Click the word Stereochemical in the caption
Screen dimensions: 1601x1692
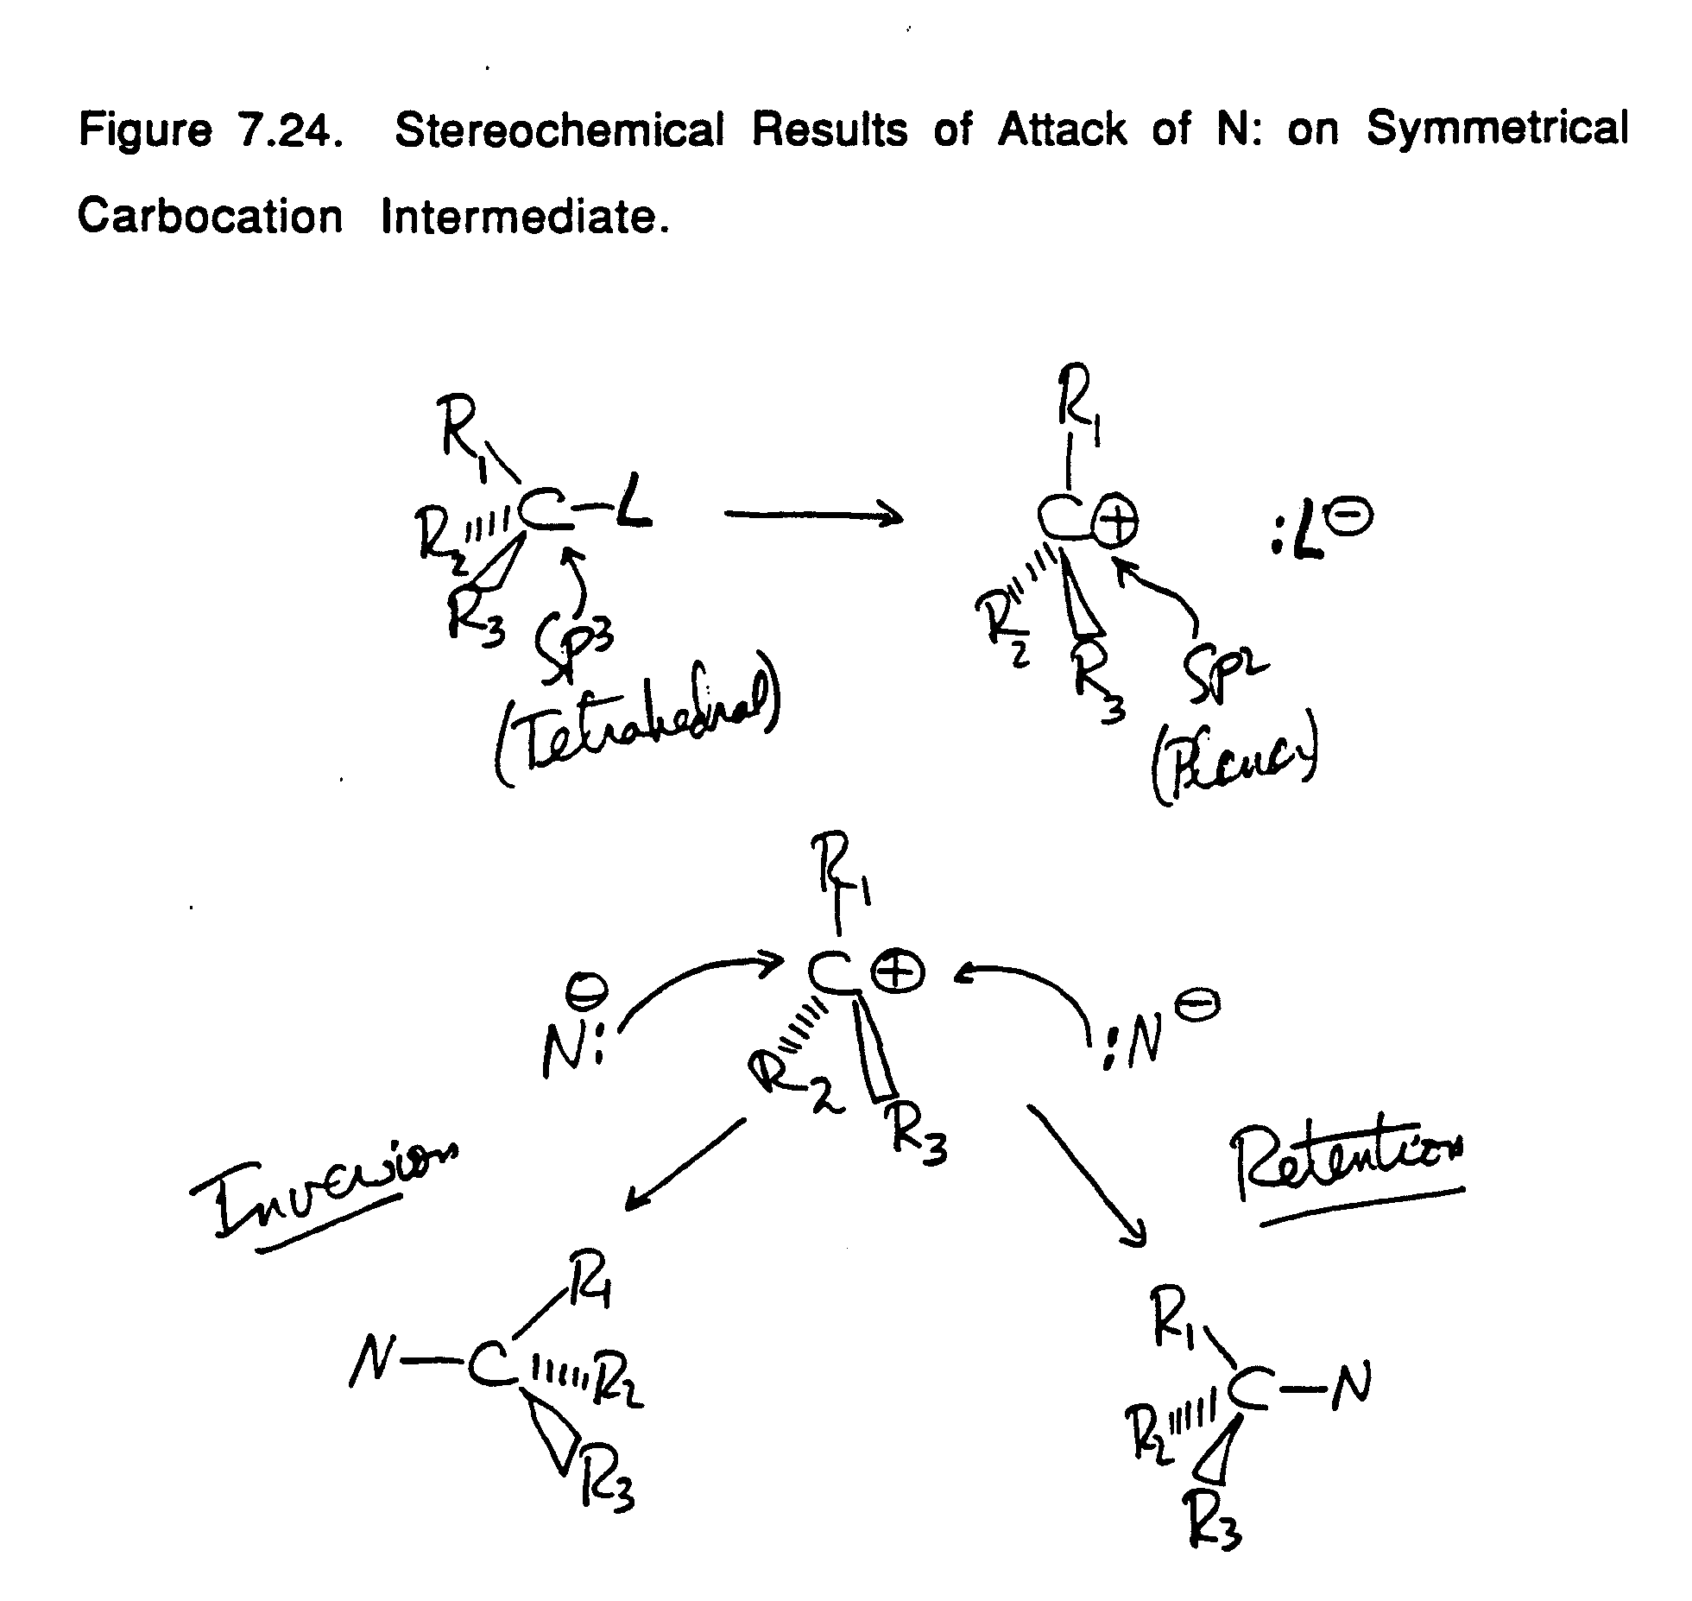pyautogui.click(x=559, y=131)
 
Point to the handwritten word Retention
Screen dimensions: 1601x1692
pyautogui.click(x=1349, y=1167)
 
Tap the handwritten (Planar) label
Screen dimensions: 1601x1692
pyautogui.click(x=1234, y=763)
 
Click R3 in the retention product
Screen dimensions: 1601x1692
pyautogui.click(x=1215, y=1526)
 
